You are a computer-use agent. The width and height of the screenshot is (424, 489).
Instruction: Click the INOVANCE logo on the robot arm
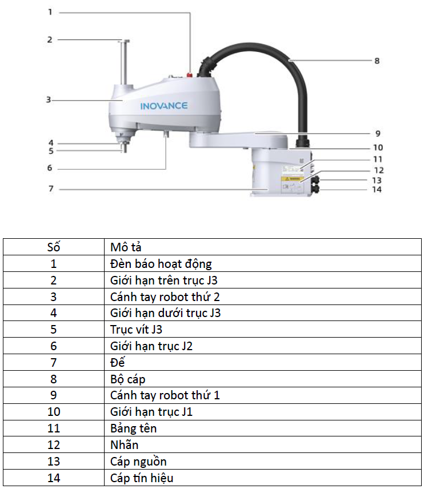[164, 106]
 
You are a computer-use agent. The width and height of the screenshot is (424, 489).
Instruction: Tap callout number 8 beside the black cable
[377, 61]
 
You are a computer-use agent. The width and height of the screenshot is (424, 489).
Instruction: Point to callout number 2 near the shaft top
[50, 39]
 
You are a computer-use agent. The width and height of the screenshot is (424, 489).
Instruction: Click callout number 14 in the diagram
[377, 190]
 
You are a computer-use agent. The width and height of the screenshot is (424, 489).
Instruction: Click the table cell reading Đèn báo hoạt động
[161, 264]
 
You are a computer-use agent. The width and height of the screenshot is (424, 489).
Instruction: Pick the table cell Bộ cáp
[127, 379]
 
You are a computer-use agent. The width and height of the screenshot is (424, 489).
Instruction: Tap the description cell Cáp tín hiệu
[142, 478]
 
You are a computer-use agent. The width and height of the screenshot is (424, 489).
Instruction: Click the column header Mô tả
[126, 247]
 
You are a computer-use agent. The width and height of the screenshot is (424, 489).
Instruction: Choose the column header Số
[54, 247]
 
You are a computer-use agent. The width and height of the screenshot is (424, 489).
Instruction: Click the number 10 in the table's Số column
[54, 412]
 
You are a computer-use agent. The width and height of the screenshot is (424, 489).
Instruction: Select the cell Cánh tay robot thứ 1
[165, 395]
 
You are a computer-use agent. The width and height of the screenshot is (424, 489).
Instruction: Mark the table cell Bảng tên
[133, 428]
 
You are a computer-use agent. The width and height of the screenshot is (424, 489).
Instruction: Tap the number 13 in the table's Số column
[54, 462]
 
